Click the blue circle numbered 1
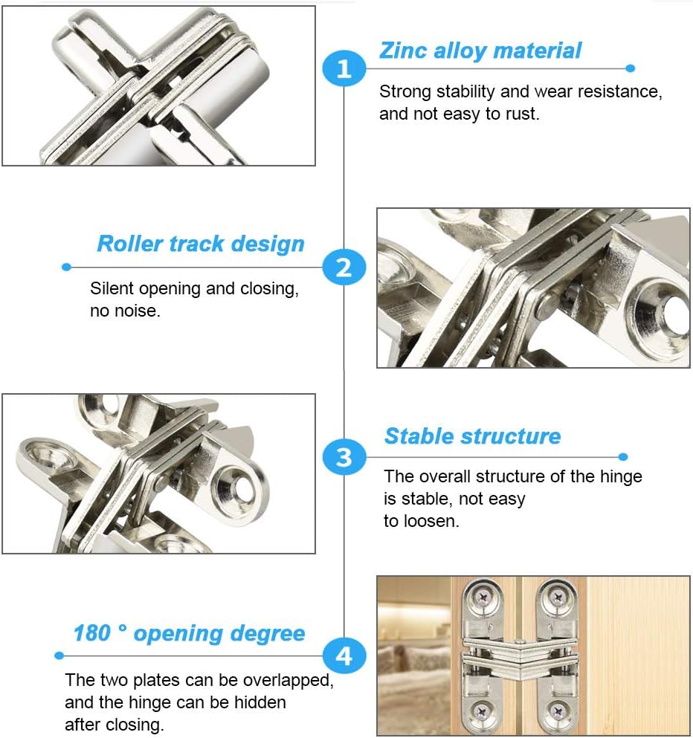point(344,69)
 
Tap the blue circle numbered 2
point(344,267)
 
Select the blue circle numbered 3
point(344,456)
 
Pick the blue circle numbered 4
point(344,656)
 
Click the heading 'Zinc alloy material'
point(480,51)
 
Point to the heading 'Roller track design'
point(201,244)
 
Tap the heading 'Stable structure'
point(472,436)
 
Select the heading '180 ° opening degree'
point(189,633)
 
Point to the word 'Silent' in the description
point(112,289)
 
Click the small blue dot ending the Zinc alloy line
point(631,68)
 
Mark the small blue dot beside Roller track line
point(66,267)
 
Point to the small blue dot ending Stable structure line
point(623,456)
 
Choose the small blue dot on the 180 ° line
point(59,656)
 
